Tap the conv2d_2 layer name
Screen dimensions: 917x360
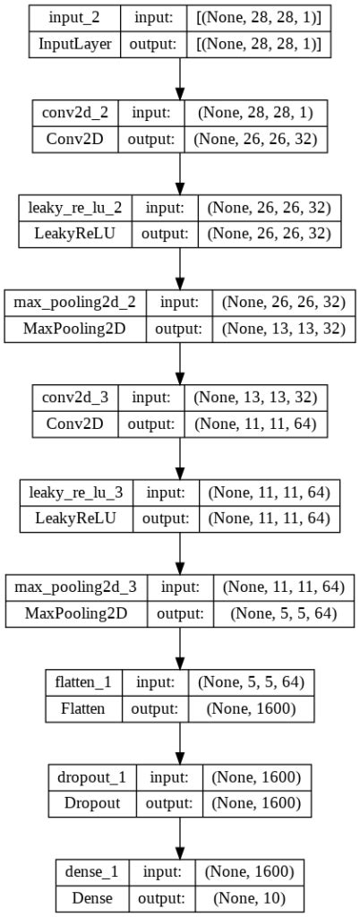click(72, 113)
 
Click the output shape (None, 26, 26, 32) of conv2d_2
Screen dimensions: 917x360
click(255, 140)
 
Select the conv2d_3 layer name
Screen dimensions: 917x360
click(72, 397)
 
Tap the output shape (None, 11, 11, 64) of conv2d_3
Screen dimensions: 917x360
click(255, 424)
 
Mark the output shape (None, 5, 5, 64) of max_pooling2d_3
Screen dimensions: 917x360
click(284, 613)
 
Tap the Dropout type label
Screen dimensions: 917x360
click(91, 802)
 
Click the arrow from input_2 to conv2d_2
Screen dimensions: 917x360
click(180, 80)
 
